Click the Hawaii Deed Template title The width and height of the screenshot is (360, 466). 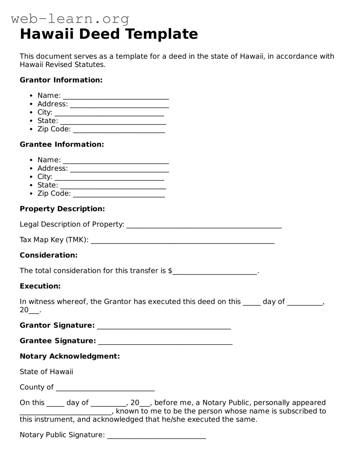[109, 34]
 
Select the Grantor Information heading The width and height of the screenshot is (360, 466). [61, 80]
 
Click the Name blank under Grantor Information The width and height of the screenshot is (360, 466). [116, 96]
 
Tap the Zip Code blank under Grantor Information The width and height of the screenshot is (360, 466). [119, 130]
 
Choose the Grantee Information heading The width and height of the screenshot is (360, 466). [62, 144]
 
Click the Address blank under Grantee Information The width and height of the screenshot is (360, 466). [119, 169]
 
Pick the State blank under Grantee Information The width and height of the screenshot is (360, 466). [113, 186]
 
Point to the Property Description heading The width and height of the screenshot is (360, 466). [62, 209]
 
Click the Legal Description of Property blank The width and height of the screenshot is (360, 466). [204, 225]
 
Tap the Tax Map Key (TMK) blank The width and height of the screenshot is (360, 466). [182, 241]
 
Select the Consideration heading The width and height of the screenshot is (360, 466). [48, 255]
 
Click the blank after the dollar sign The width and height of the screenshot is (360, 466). [215, 271]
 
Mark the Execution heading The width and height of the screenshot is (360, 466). [40, 286]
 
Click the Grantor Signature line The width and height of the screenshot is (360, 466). [164, 326]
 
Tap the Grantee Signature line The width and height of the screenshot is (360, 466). [165, 342]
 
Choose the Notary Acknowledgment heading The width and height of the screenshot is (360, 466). [70, 356]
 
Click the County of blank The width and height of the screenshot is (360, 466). [105, 388]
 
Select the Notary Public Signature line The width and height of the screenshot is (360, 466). [156, 436]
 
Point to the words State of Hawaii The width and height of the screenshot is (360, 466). [46, 372]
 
